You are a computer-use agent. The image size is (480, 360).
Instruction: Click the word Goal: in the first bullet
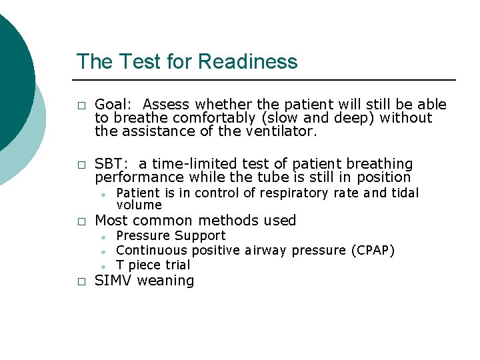pyautogui.click(x=115, y=105)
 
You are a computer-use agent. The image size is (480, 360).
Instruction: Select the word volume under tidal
pyautogui.click(x=139, y=205)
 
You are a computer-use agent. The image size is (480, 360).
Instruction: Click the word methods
pyautogui.click(x=230, y=221)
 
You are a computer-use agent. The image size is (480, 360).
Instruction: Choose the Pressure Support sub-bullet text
pyautogui.click(x=171, y=236)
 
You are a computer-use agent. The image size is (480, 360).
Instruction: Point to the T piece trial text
pyautogui.click(x=153, y=265)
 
